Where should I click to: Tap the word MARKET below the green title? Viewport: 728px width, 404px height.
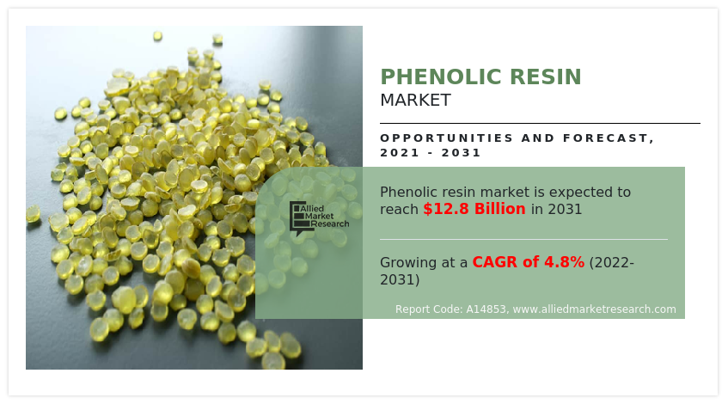(x=415, y=101)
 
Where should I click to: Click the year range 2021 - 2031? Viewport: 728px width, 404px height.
(x=431, y=153)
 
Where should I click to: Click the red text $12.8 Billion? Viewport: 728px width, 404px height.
(x=474, y=209)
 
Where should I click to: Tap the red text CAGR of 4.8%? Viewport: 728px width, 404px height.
(x=528, y=262)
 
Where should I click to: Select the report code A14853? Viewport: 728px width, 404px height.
(x=486, y=309)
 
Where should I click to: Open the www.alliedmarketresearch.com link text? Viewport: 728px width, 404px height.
(x=594, y=309)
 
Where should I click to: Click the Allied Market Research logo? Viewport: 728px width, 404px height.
(x=319, y=218)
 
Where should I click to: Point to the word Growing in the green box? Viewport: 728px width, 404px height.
(x=408, y=263)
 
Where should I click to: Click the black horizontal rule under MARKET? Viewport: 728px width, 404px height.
(x=540, y=123)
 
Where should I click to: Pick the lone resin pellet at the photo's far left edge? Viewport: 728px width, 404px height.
(x=33, y=213)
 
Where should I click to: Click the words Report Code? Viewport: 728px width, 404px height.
(x=425, y=309)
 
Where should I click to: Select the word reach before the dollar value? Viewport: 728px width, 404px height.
(x=399, y=209)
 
